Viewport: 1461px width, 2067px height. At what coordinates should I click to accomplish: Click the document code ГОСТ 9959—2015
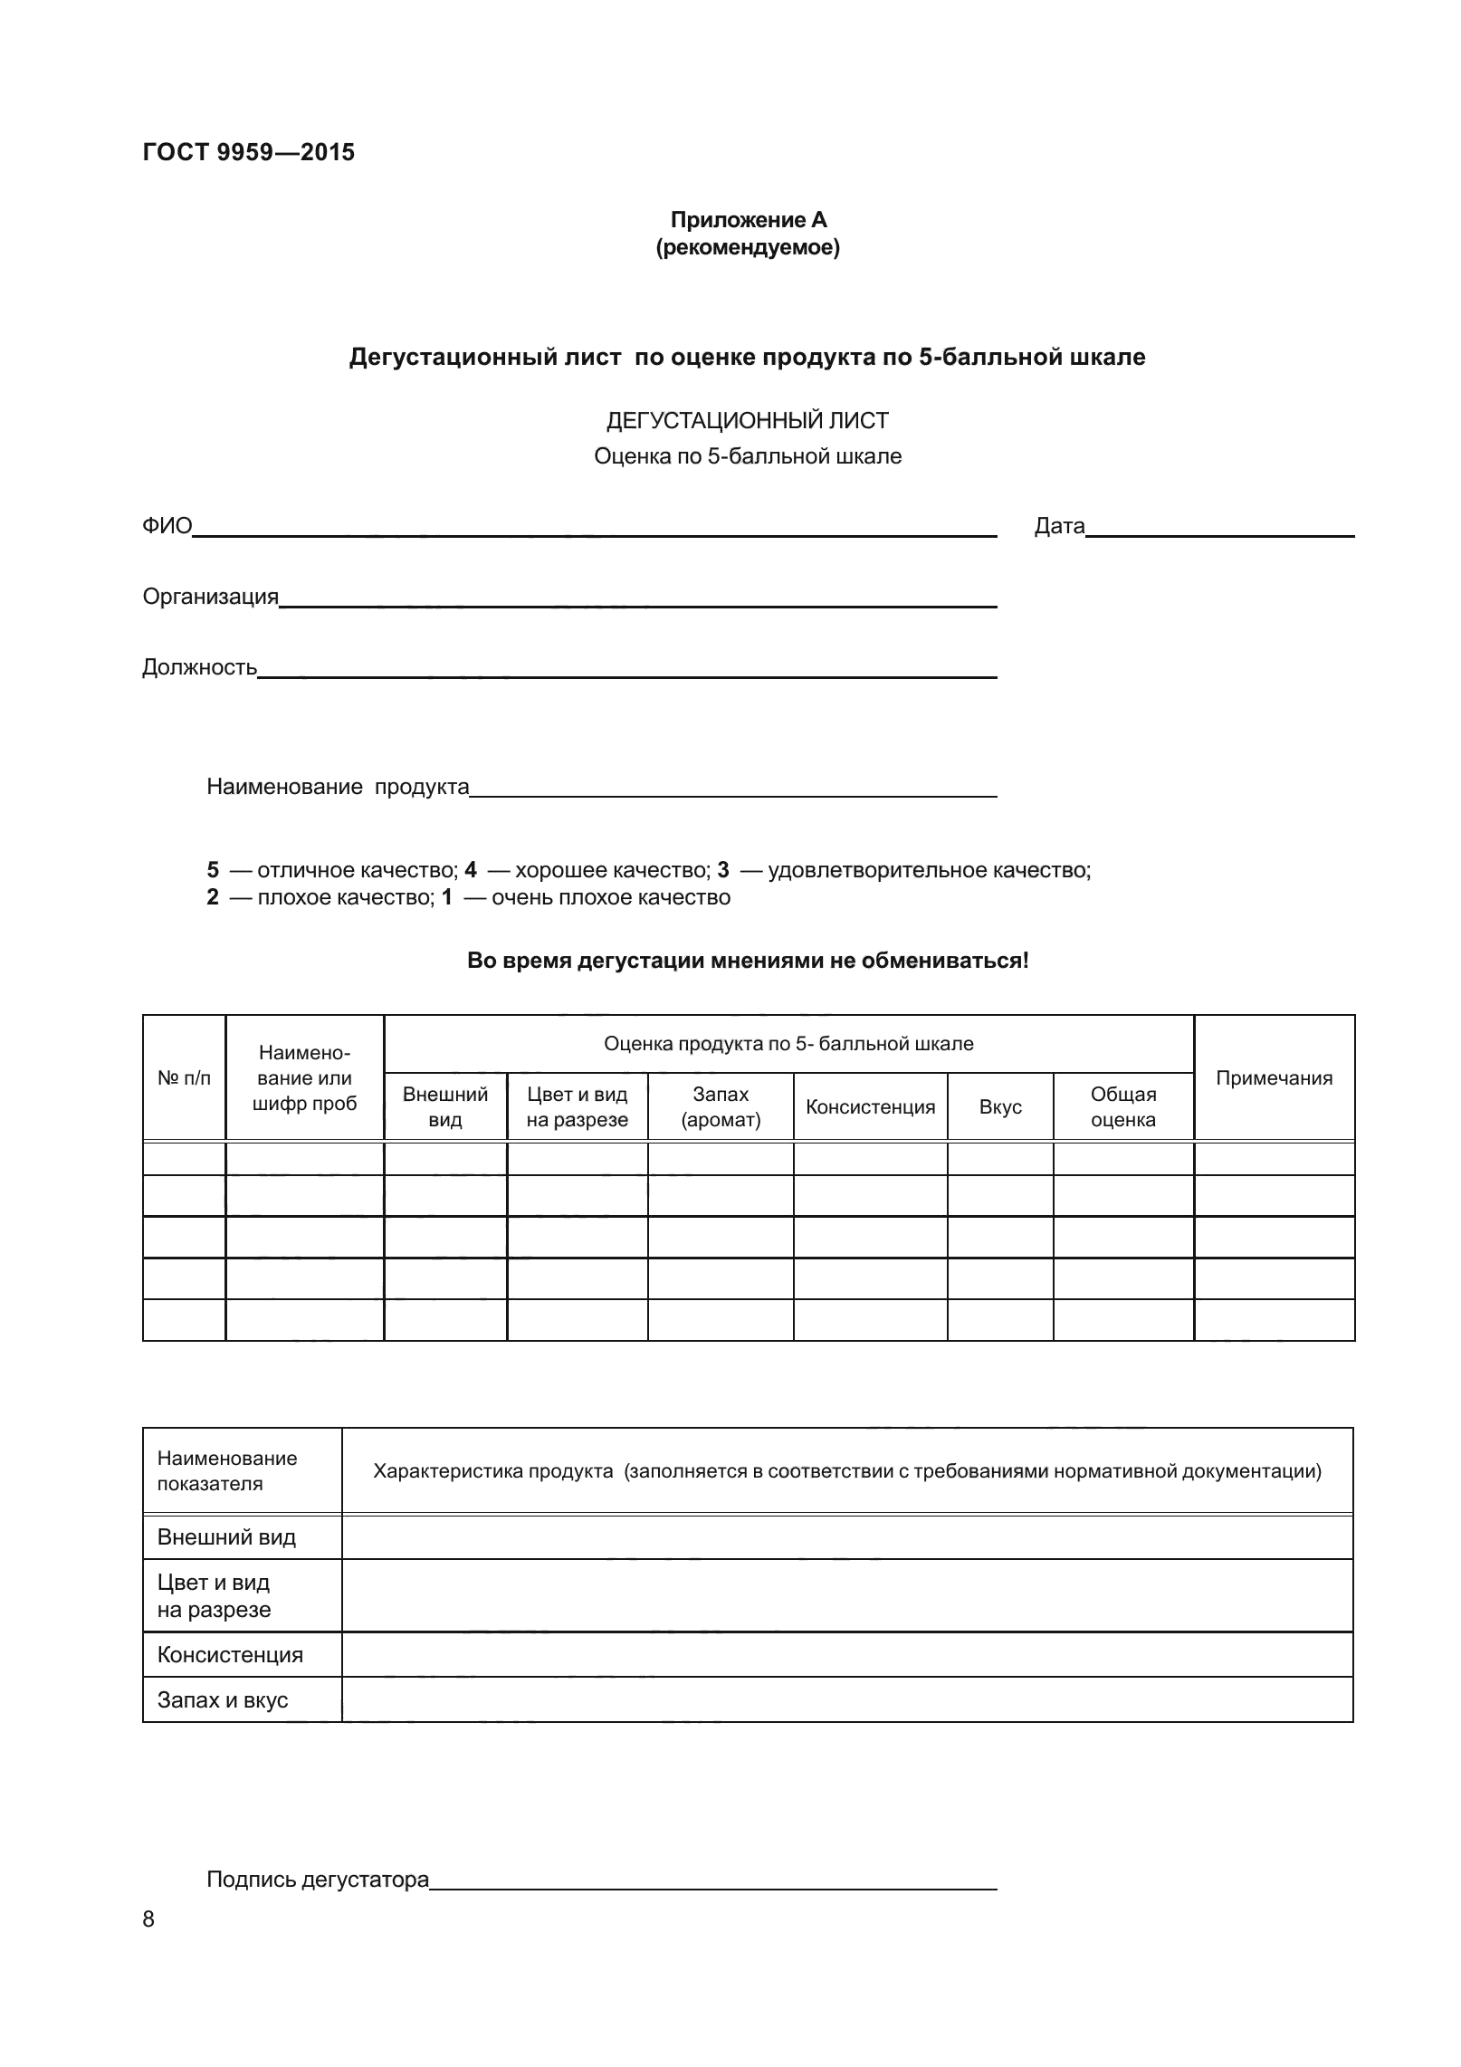(x=248, y=153)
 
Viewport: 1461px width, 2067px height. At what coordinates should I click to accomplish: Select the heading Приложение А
(x=748, y=220)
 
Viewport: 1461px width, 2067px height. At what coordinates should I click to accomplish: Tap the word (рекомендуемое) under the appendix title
(x=748, y=247)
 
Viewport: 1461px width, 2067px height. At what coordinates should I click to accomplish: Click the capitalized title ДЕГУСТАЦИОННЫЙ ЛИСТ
(x=747, y=421)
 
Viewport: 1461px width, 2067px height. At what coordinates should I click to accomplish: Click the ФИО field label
(x=167, y=526)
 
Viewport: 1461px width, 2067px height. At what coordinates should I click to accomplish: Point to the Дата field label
(x=1059, y=526)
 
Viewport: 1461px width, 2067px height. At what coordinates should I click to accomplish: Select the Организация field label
(x=210, y=597)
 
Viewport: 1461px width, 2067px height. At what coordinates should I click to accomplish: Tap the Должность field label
(x=199, y=667)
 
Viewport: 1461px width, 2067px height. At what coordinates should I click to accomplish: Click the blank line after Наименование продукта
(x=733, y=788)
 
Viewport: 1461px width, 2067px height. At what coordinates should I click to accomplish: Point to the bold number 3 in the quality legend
(x=722, y=870)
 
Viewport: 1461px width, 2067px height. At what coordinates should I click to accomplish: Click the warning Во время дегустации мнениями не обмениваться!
(x=748, y=961)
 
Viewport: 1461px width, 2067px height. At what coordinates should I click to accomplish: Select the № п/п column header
(x=184, y=1077)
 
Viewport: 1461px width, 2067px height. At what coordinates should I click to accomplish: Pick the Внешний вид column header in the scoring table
(x=444, y=1106)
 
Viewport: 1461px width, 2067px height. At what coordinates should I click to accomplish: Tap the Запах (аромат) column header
(x=721, y=1106)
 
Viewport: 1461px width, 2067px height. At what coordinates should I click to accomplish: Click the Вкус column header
(x=1000, y=1106)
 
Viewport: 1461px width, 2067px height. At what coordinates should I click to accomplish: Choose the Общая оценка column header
(x=1123, y=1106)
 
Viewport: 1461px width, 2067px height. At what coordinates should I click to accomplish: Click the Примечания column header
(x=1274, y=1077)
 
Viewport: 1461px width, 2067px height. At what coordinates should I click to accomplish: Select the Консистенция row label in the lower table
(x=230, y=1654)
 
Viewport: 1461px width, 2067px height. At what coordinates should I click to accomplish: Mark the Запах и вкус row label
(x=223, y=1699)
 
